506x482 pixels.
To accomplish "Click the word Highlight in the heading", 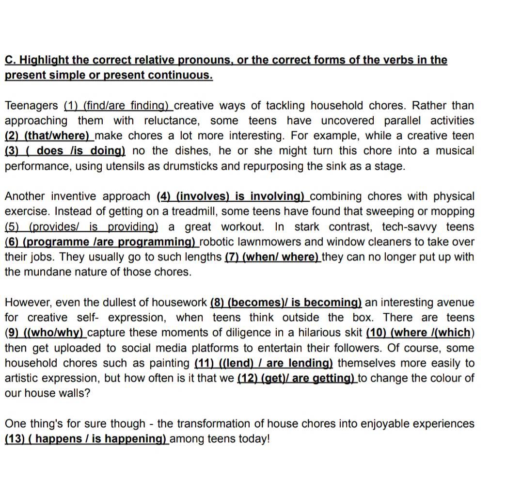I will pos(44,60).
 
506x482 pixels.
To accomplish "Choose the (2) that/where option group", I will pos(48,136).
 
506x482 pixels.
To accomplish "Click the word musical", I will pos(455,151).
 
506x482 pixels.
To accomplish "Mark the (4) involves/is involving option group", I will pos(232,196).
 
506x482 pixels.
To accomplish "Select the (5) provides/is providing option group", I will pos(81,227).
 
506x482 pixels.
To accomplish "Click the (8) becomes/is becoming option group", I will pos(286,303).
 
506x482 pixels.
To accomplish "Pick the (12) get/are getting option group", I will pos(296,378).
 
